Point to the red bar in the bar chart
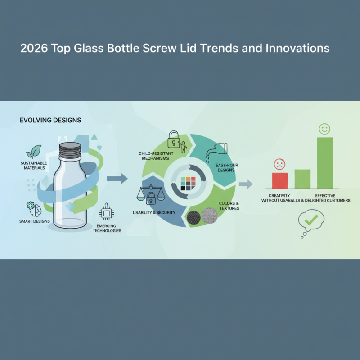click(279, 180)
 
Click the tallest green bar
click(325, 162)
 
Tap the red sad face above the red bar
click(279, 164)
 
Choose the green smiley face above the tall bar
click(324, 129)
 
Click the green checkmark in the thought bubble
click(312, 220)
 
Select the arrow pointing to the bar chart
click(246, 183)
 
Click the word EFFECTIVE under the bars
click(325, 195)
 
